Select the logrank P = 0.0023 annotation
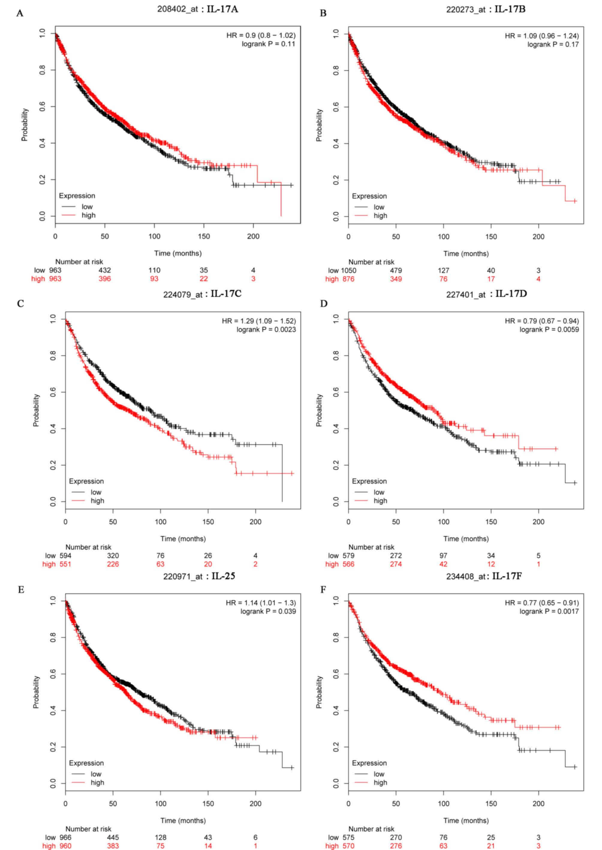click(266, 329)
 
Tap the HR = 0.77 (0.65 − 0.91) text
click(541, 603)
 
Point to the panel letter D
click(323, 304)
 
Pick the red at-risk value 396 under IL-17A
click(105, 279)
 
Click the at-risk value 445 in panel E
click(113, 837)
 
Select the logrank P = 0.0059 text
click(549, 329)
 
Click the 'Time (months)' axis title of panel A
click(178, 253)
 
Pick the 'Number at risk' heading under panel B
click(371, 262)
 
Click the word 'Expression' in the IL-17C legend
click(86, 481)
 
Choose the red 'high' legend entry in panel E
click(97, 782)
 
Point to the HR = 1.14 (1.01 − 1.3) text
click(261, 603)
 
